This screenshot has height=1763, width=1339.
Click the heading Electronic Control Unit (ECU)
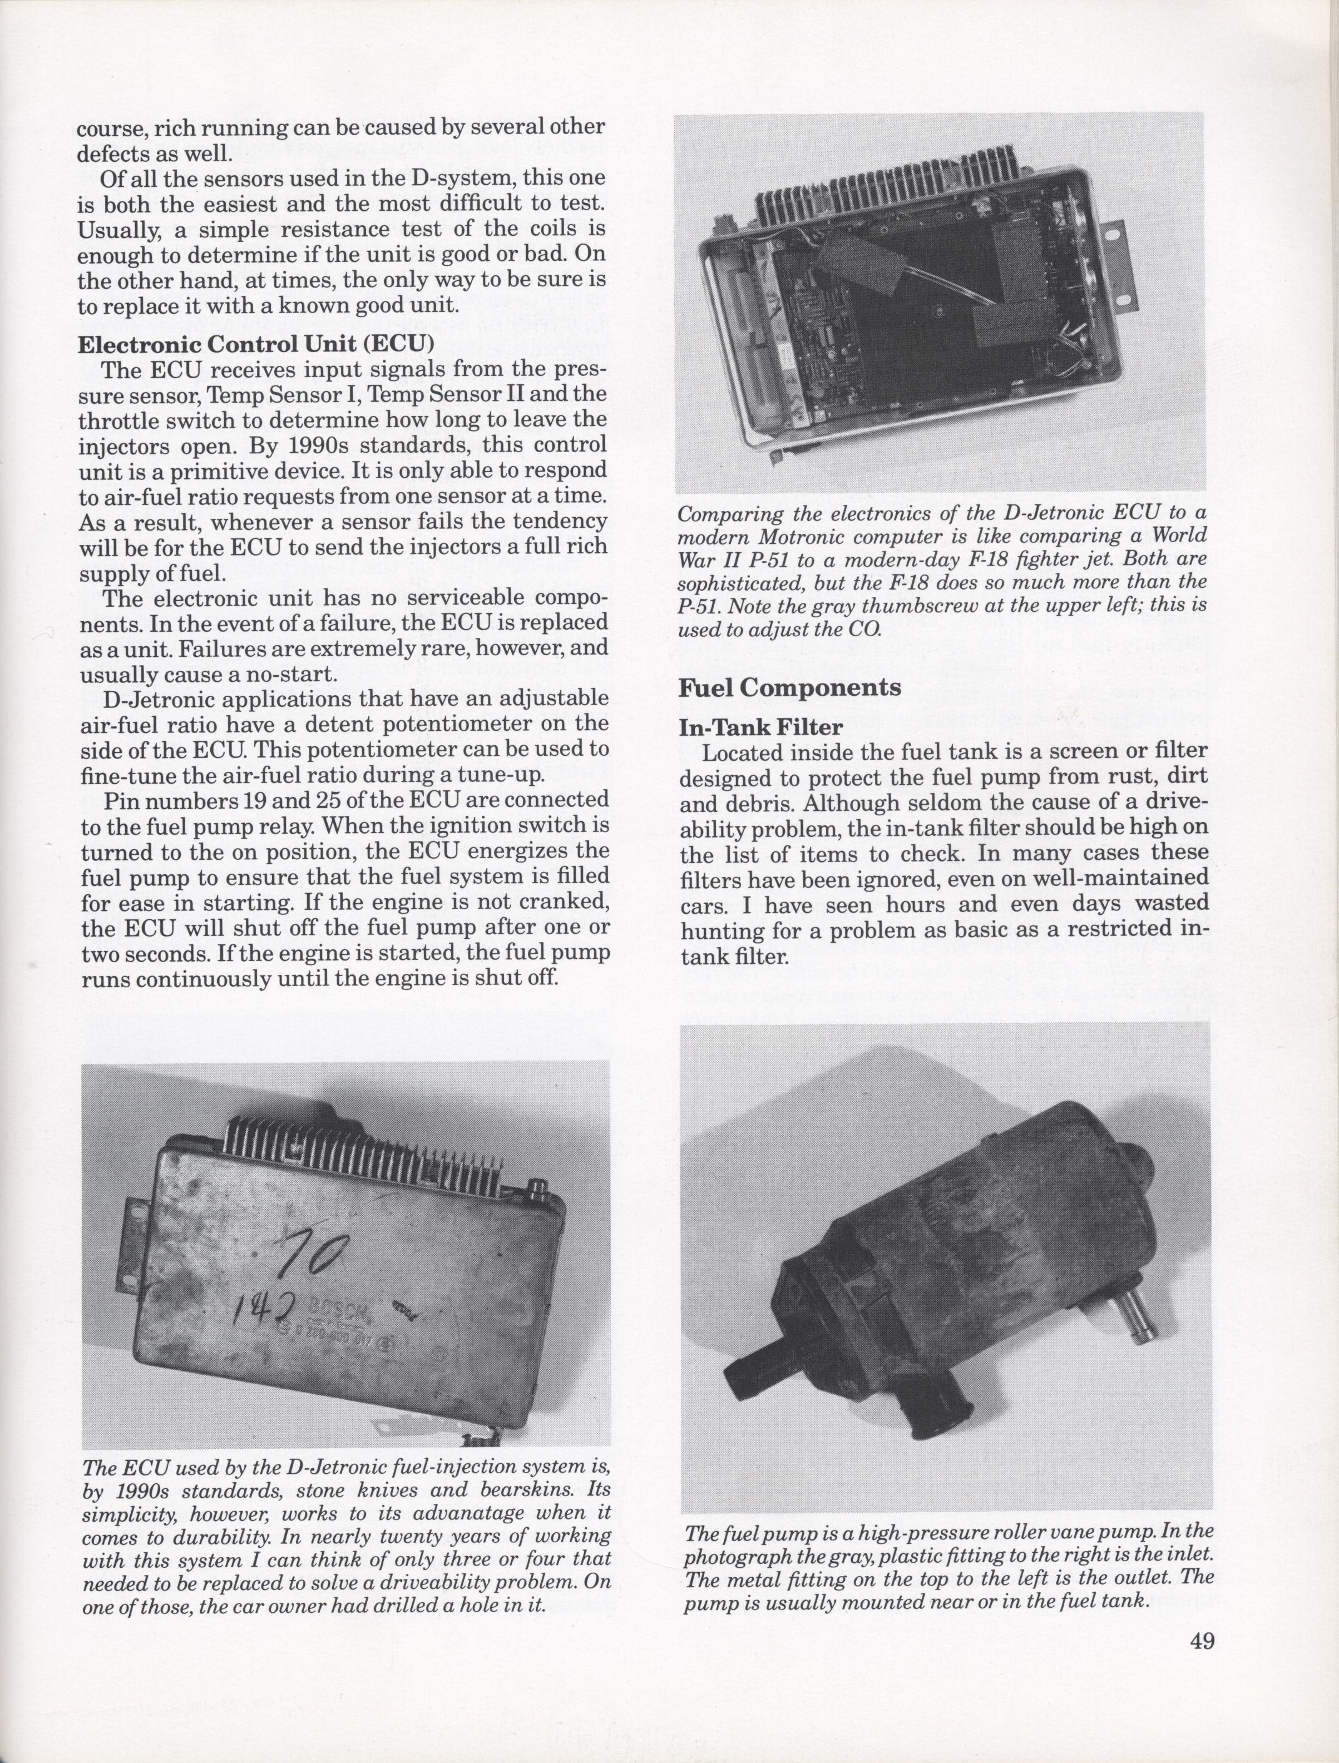tap(255, 346)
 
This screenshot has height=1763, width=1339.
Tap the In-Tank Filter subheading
tap(761, 726)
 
